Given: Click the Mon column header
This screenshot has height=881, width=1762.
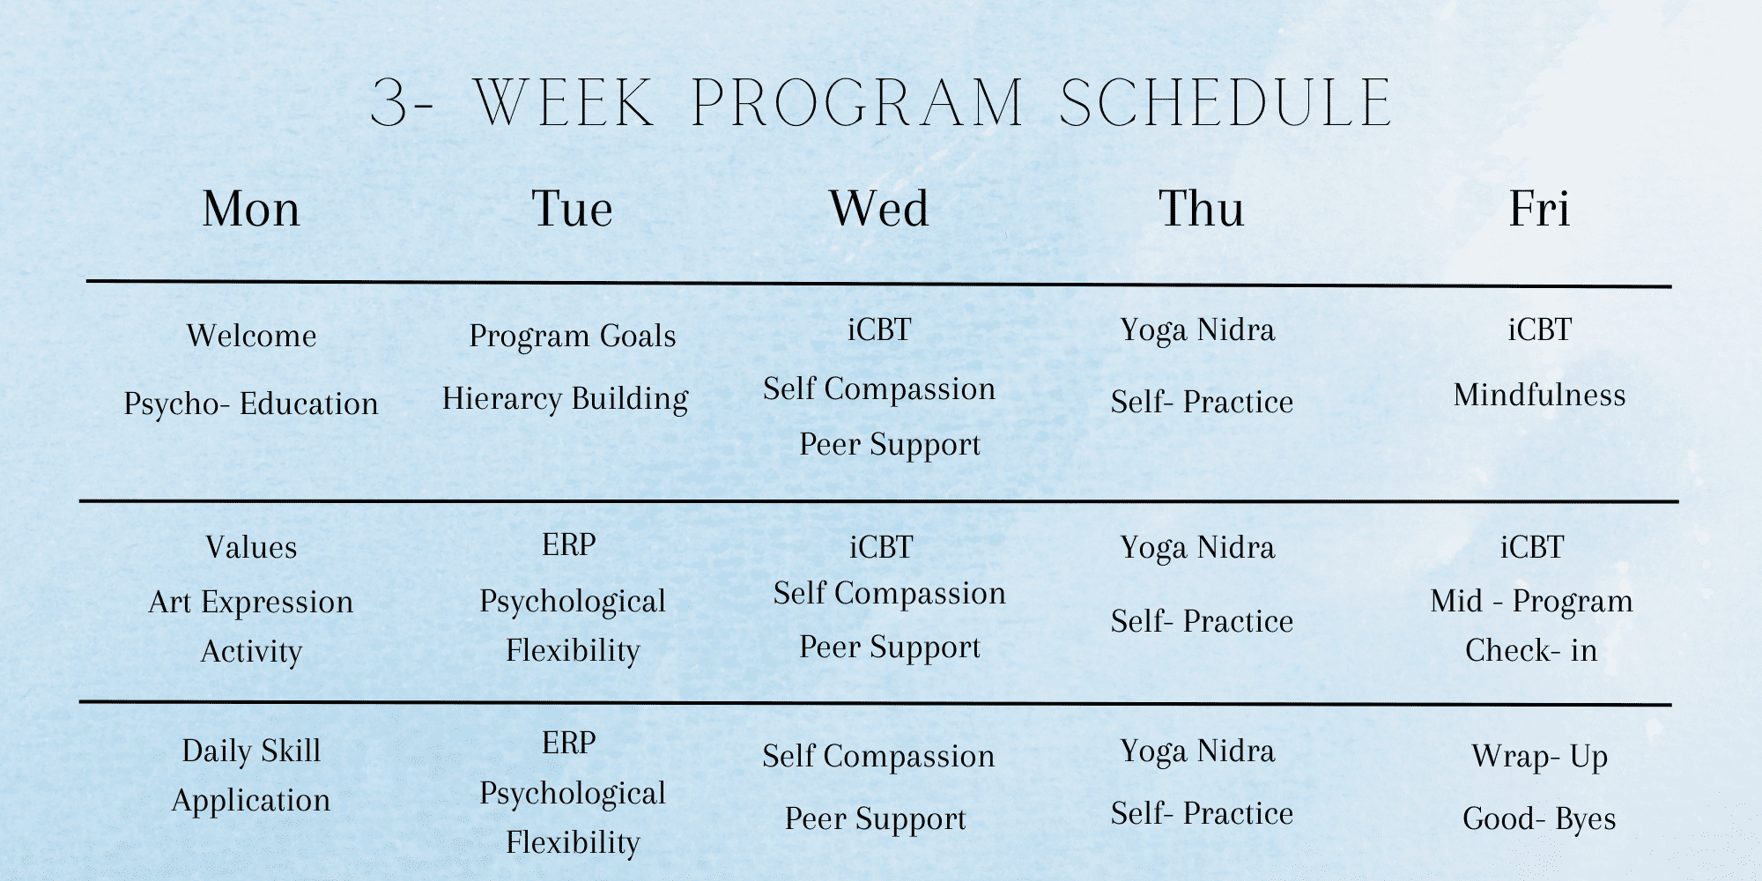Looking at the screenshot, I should pyautogui.click(x=251, y=210).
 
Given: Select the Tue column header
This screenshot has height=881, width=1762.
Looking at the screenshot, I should pyautogui.click(x=572, y=210).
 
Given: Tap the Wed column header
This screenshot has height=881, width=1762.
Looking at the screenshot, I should pyautogui.click(x=878, y=210).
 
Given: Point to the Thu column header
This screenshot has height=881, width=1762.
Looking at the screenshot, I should pyautogui.click(x=1201, y=210).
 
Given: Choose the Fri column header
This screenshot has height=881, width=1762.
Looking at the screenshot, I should pyautogui.click(x=1539, y=210).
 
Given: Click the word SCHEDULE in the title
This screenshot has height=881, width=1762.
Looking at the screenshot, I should pyautogui.click(x=1225, y=104).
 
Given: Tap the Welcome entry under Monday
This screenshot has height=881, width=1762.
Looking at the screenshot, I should pyautogui.click(x=251, y=336).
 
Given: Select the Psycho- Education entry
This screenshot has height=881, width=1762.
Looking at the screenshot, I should pyautogui.click(x=251, y=403).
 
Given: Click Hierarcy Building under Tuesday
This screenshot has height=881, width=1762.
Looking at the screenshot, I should pyautogui.click(x=565, y=399).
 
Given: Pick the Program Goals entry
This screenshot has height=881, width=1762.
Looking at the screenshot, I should pyautogui.click(x=572, y=336).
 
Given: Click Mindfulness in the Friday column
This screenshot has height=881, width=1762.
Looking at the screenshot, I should pyautogui.click(x=1539, y=395).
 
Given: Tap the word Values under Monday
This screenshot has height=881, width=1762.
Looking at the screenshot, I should pyautogui.click(x=251, y=547).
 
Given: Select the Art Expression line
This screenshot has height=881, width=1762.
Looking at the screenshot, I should pyautogui.click(x=251, y=602).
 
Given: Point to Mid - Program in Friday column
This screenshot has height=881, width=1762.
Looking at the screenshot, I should pyautogui.click(x=1531, y=601).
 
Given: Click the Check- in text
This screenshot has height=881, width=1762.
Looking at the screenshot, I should pyautogui.click(x=1531, y=650).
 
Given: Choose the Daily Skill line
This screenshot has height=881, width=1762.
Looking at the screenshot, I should pyautogui.click(x=251, y=751).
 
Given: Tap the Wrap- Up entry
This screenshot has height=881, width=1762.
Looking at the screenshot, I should pyautogui.click(x=1539, y=757).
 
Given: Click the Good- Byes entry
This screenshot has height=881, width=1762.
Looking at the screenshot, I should pyautogui.click(x=1539, y=819).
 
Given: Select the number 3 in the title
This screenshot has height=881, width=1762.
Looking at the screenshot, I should pyautogui.click(x=390, y=104).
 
